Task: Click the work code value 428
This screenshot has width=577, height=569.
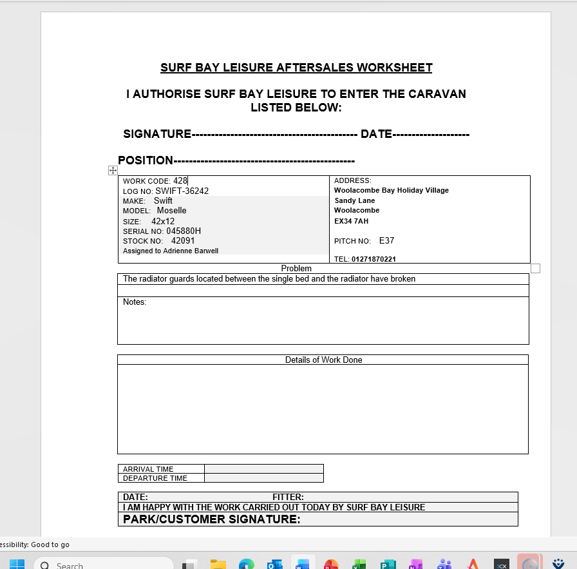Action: [x=180, y=181]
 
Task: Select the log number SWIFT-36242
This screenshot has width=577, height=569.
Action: [x=182, y=191]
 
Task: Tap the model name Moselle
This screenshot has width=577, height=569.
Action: [x=171, y=211]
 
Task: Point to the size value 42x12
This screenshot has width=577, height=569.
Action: [x=163, y=221]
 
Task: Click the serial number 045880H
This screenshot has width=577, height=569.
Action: [x=184, y=231]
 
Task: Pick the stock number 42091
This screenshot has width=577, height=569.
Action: [x=183, y=241]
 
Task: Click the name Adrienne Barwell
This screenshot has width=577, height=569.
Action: [x=191, y=251]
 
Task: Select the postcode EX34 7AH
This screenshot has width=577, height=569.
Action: [x=351, y=221]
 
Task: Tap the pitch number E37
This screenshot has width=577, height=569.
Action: [x=386, y=241]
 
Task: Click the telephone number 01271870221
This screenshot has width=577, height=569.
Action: [x=374, y=259]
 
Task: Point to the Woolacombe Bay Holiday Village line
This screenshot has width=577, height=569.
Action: [x=391, y=191]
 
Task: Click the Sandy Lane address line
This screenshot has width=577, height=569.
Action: [x=354, y=200]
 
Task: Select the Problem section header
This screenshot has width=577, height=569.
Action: [x=296, y=268]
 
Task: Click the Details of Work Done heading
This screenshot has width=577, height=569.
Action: [x=323, y=360]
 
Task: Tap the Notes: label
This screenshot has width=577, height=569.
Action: [x=135, y=302]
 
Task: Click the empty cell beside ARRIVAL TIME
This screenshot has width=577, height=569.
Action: [x=263, y=469]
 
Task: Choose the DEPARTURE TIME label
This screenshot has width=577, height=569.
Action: [x=155, y=478]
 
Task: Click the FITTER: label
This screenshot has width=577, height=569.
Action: [x=288, y=497]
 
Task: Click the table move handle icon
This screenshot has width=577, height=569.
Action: [x=113, y=170]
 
